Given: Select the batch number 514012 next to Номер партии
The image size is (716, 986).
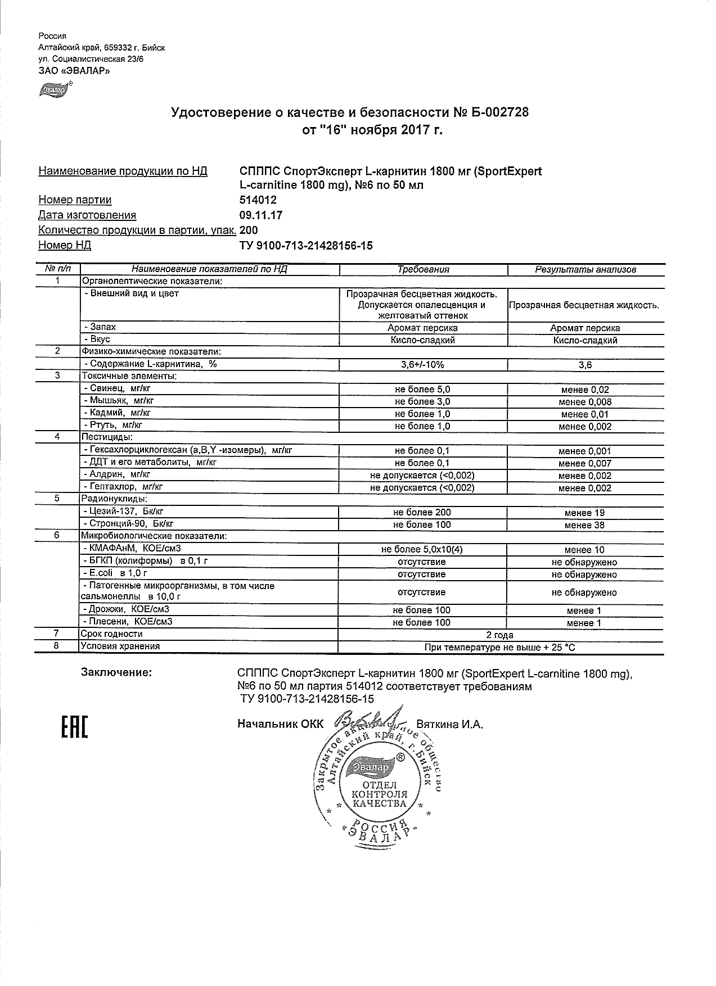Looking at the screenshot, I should pos(258,200).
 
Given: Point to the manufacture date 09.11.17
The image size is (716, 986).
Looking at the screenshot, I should pos(261,215).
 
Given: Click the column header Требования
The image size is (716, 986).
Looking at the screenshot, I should pos(423,269).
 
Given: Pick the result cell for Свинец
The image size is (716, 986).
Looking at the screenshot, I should pos(585,390).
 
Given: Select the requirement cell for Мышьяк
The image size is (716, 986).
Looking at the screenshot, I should pos(423,401).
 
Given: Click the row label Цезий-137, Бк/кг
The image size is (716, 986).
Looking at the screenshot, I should pos(123,512).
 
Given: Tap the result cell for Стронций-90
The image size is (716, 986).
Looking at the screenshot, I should pos(585,525).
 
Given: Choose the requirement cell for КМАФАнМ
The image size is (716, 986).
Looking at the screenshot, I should pos(423,550).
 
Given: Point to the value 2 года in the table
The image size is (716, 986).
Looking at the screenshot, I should pos(499,635).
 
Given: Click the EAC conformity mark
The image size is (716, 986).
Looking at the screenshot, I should pos(74,726).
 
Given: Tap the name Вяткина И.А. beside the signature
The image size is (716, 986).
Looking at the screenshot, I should pos(449,725).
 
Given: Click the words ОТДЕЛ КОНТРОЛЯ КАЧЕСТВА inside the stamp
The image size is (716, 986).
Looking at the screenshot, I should pos(379,794).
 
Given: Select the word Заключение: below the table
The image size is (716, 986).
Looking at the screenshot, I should pos(116,672).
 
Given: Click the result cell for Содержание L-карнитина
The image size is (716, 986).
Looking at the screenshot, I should pos(585,365).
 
